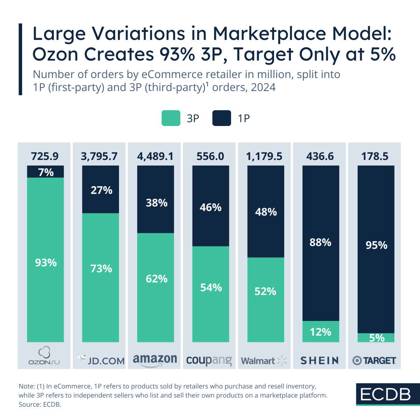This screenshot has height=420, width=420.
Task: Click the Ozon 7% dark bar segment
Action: point(45,172)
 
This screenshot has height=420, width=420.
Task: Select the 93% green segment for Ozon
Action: point(45,262)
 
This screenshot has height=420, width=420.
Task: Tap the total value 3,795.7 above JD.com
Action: point(99,156)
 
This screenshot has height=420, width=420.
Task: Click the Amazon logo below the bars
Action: point(155,360)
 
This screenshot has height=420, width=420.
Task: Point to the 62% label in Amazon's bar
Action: point(156,279)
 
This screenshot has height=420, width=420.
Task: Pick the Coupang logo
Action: point(209,360)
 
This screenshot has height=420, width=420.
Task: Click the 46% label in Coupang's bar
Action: point(211,208)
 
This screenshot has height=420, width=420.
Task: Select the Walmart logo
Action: point(264,360)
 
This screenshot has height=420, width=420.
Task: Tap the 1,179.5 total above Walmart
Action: point(264,156)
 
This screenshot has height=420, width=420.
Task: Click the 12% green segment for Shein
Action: point(321,331)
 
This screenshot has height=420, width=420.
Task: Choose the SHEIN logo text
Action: point(320,360)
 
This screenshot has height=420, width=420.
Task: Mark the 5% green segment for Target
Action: point(376,338)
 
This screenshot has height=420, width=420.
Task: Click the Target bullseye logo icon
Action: point(357,360)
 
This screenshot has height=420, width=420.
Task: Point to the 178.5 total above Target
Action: point(375,156)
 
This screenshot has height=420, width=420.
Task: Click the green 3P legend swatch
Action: point(171,118)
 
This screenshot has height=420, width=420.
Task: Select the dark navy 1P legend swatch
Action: point(222,118)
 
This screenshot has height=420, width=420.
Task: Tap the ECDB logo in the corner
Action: point(385,394)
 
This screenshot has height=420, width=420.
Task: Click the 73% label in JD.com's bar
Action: point(101,269)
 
